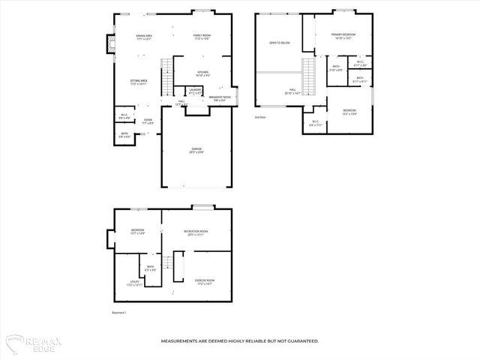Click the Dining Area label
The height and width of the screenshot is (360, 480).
[145, 37]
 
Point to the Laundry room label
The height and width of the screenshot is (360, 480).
[195, 91]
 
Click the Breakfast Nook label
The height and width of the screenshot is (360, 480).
[220, 98]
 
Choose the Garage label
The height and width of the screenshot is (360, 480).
[196, 150]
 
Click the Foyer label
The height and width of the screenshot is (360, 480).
[148, 121]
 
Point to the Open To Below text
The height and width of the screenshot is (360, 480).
[280, 43]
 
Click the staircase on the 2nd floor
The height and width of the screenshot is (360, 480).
[307, 73]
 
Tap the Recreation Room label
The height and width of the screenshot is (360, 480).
[196, 232]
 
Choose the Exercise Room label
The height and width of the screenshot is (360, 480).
[205, 282]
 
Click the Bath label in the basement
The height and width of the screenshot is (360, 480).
[150, 268]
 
